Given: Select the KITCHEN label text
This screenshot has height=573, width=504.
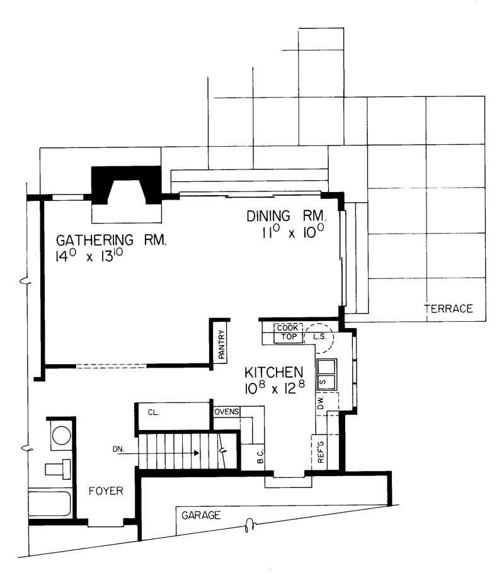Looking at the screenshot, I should [x=273, y=372].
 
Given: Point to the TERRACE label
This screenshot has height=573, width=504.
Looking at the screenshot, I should [x=448, y=309].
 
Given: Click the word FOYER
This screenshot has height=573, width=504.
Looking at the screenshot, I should [x=105, y=491].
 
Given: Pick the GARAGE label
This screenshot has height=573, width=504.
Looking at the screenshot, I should [x=201, y=515].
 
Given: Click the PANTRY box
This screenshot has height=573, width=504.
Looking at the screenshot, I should [x=221, y=346].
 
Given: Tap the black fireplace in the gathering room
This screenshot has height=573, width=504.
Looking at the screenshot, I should [x=127, y=184].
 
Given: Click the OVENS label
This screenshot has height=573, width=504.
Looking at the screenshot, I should [x=226, y=412].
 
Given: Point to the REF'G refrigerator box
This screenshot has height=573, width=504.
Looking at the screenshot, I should [x=320, y=452].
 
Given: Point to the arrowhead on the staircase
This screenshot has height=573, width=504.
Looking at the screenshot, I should [x=197, y=453].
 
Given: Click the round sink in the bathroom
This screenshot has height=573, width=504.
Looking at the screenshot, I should [x=62, y=436].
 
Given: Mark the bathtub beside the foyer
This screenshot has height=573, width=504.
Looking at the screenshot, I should [x=50, y=504].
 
